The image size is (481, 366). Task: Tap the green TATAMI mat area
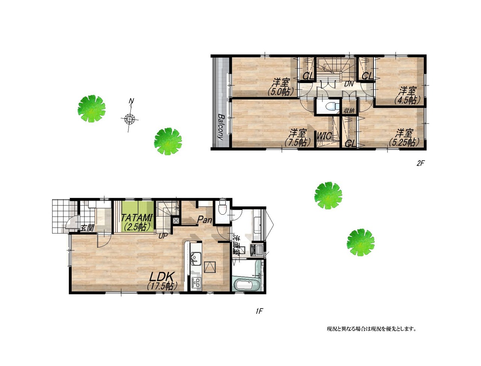click(x=137, y=216)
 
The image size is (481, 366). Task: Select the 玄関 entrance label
click(x=87, y=228)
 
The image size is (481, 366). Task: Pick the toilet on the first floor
click(x=222, y=206)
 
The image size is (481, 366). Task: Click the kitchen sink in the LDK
click(x=195, y=258)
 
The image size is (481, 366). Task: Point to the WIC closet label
click(x=324, y=136)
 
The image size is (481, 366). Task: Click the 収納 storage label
click(x=349, y=110)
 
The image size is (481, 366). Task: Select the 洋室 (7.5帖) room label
click(x=298, y=138)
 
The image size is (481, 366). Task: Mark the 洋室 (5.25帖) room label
click(x=404, y=138)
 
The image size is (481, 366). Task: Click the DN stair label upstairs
click(x=349, y=84)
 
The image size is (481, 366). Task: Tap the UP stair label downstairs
click(x=163, y=236)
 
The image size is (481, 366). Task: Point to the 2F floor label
click(x=420, y=163)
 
